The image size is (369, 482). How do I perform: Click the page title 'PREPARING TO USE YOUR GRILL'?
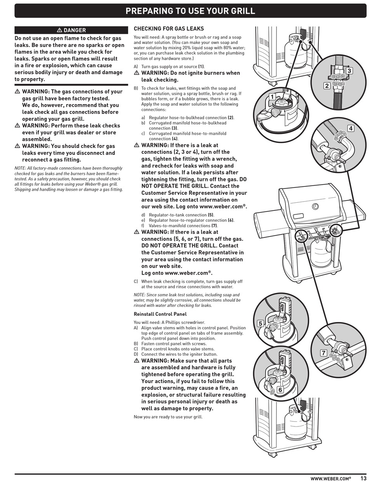pyautogui.click(x=190, y=11)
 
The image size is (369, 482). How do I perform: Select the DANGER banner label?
pyautogui.click(x=71, y=30)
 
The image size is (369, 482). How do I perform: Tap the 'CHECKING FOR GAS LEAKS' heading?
pyautogui.click(x=169, y=29)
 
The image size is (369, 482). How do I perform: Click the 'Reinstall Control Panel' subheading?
pyautogui.click(x=160, y=314)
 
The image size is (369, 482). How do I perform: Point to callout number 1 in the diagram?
pyautogui.click(x=272, y=97)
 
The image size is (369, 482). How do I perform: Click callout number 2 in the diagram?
pyautogui.click(x=327, y=86)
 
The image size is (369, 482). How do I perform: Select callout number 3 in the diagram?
pyautogui.click(x=349, y=71)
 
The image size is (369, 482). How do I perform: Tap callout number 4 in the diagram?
pyautogui.click(x=351, y=128)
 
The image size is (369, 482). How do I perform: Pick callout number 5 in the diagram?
pyautogui.click(x=260, y=324)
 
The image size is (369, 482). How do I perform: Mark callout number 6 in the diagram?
pyautogui.click(x=280, y=390)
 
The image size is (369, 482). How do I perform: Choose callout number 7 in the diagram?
pyautogui.click(x=323, y=353)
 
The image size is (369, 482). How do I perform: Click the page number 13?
pyautogui.click(x=364, y=479)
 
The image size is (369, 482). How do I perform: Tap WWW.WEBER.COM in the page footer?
pyautogui.click(x=331, y=479)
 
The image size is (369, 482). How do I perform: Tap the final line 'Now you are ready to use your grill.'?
pyautogui.click(x=168, y=417)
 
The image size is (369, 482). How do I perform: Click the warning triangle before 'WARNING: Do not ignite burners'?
pyautogui.click(x=136, y=73)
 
